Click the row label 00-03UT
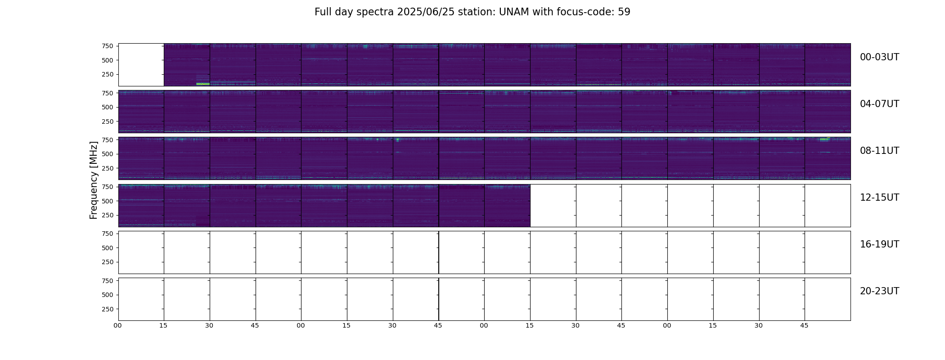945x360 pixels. tap(879, 57)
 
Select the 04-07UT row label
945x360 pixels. tap(879, 104)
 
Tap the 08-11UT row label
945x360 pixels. tap(879, 151)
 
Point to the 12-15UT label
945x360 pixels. tap(879, 198)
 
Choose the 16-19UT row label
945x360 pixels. tap(879, 244)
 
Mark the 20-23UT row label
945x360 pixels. tap(879, 291)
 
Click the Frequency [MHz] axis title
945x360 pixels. tap(94, 180)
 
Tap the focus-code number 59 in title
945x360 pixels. tap(624, 12)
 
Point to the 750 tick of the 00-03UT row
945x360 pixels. tap(108, 46)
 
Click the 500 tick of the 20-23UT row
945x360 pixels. tap(108, 295)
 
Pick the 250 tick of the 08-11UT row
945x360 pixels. tap(108, 168)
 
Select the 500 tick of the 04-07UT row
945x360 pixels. tap(108, 107)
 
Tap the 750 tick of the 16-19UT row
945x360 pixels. tap(108, 234)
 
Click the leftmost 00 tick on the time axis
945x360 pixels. tap(117, 325)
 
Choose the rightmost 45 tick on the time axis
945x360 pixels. tap(804, 325)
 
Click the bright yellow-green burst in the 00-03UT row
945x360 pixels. tap(203, 84)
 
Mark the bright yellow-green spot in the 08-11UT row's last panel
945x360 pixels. tap(824, 139)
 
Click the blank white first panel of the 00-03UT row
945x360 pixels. tap(141, 65)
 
